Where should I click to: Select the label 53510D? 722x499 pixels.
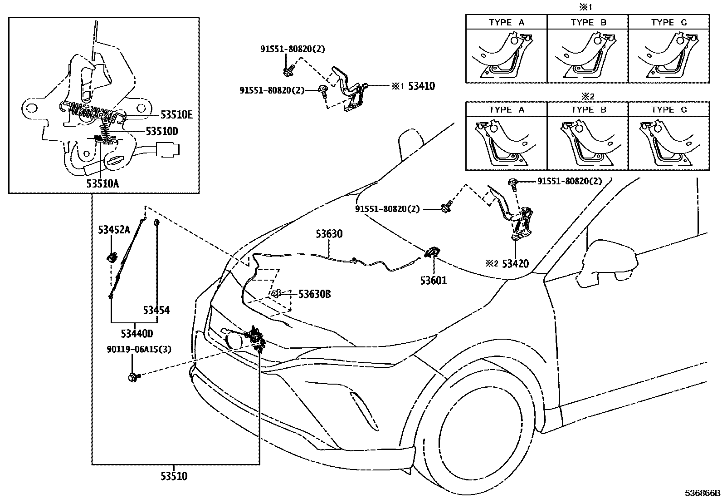(x=162, y=131)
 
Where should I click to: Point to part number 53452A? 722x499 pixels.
(x=113, y=230)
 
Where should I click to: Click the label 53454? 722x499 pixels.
(x=156, y=311)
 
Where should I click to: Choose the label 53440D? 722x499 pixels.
(x=137, y=334)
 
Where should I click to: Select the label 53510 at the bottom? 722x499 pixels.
(x=173, y=476)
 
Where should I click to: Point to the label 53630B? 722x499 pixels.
(x=314, y=294)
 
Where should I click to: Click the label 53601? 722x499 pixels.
(x=433, y=281)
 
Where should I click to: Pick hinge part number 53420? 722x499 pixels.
(x=515, y=263)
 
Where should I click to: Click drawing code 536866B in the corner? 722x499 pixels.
(x=702, y=493)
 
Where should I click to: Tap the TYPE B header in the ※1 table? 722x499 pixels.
(x=588, y=22)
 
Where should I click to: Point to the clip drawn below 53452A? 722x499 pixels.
(x=112, y=258)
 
